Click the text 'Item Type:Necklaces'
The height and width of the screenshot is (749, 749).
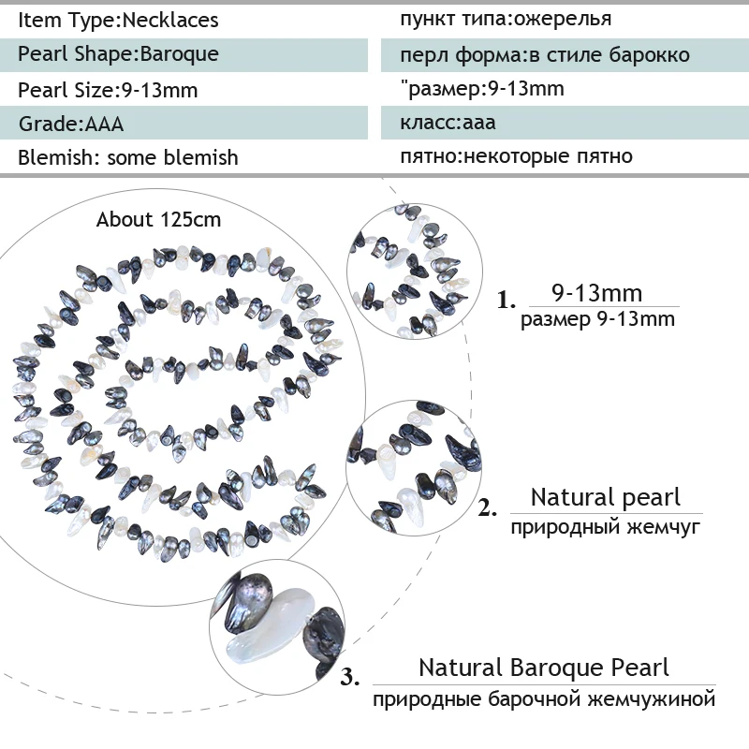point(118,19)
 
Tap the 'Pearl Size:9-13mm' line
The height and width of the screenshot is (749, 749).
point(108,90)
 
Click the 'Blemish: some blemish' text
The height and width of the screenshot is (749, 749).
point(128,157)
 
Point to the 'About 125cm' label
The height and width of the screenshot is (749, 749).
point(159,220)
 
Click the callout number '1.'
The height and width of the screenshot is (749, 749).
point(507,301)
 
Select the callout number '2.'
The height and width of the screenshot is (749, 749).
point(488,509)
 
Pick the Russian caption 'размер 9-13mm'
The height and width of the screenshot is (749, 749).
point(597,319)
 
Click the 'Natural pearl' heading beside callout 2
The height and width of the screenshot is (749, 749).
point(606,497)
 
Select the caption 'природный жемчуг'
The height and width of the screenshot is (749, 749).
point(606,527)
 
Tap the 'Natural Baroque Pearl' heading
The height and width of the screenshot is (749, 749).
point(544,668)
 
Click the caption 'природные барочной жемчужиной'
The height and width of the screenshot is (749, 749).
point(544,699)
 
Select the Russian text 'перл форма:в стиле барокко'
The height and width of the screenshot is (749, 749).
point(545,54)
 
